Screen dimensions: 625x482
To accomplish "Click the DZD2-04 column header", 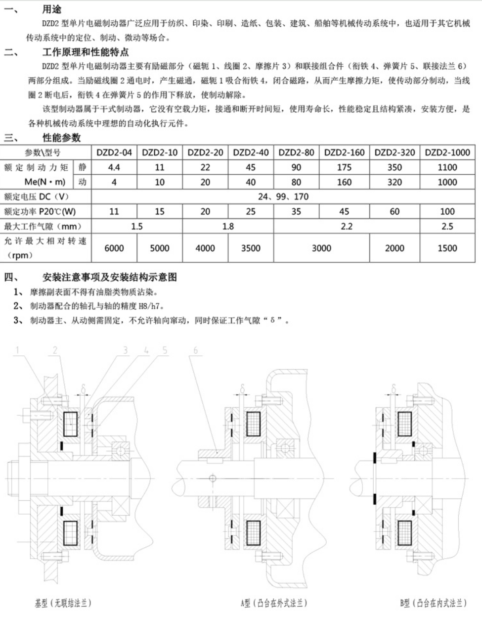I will coord(114,152).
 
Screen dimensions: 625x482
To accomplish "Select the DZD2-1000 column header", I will coord(447,152).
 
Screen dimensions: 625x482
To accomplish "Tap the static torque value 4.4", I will coord(114,167).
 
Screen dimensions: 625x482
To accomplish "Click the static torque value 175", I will coord(344,167).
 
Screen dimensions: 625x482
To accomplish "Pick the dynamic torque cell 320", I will coord(394,182).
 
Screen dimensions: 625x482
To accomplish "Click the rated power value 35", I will coord(296,211).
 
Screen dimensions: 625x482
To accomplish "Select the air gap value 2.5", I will coord(447,226).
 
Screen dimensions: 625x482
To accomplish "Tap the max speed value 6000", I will coord(114,248).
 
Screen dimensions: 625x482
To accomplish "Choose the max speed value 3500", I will coord(251,248).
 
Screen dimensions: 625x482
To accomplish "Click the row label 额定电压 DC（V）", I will coord(35,196).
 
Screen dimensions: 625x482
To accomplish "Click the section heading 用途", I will coord(52,9).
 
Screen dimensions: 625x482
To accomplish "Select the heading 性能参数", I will coord(61,138).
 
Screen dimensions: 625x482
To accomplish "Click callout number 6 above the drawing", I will coord(195,351).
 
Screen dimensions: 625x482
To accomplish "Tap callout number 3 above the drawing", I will coord(125,351).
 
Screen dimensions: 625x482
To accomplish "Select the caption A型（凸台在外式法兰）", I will coord(274,603).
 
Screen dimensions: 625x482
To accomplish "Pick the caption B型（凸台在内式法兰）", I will coord(433,603).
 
